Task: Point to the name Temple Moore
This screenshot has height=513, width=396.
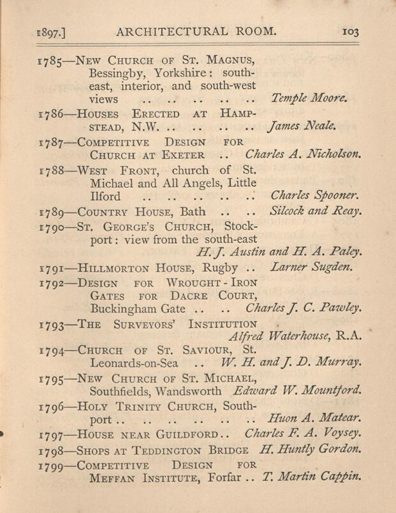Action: point(309,99)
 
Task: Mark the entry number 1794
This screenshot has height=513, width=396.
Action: point(53,350)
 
